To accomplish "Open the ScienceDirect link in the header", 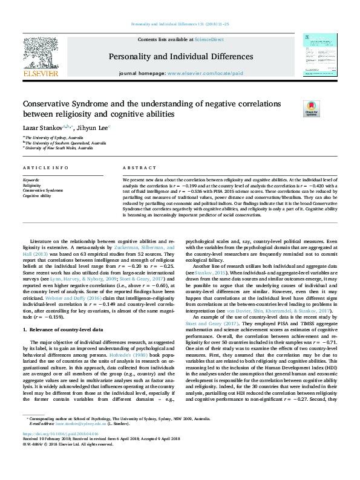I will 209,39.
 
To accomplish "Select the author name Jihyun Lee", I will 76,128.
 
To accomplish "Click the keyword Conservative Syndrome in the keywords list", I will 42,190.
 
